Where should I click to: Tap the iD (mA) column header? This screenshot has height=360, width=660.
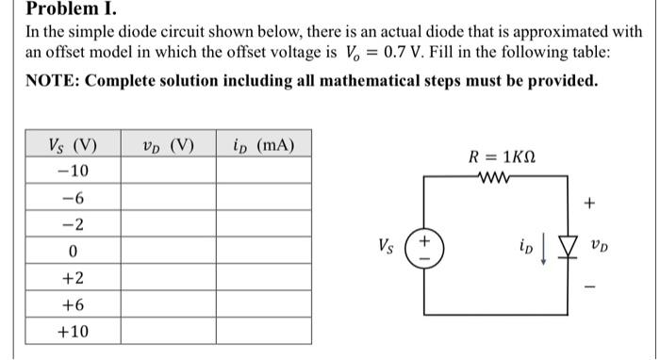click(263, 145)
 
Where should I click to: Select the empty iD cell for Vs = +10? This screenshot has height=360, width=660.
click(263, 332)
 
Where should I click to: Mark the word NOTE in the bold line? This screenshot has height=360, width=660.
click(52, 81)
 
